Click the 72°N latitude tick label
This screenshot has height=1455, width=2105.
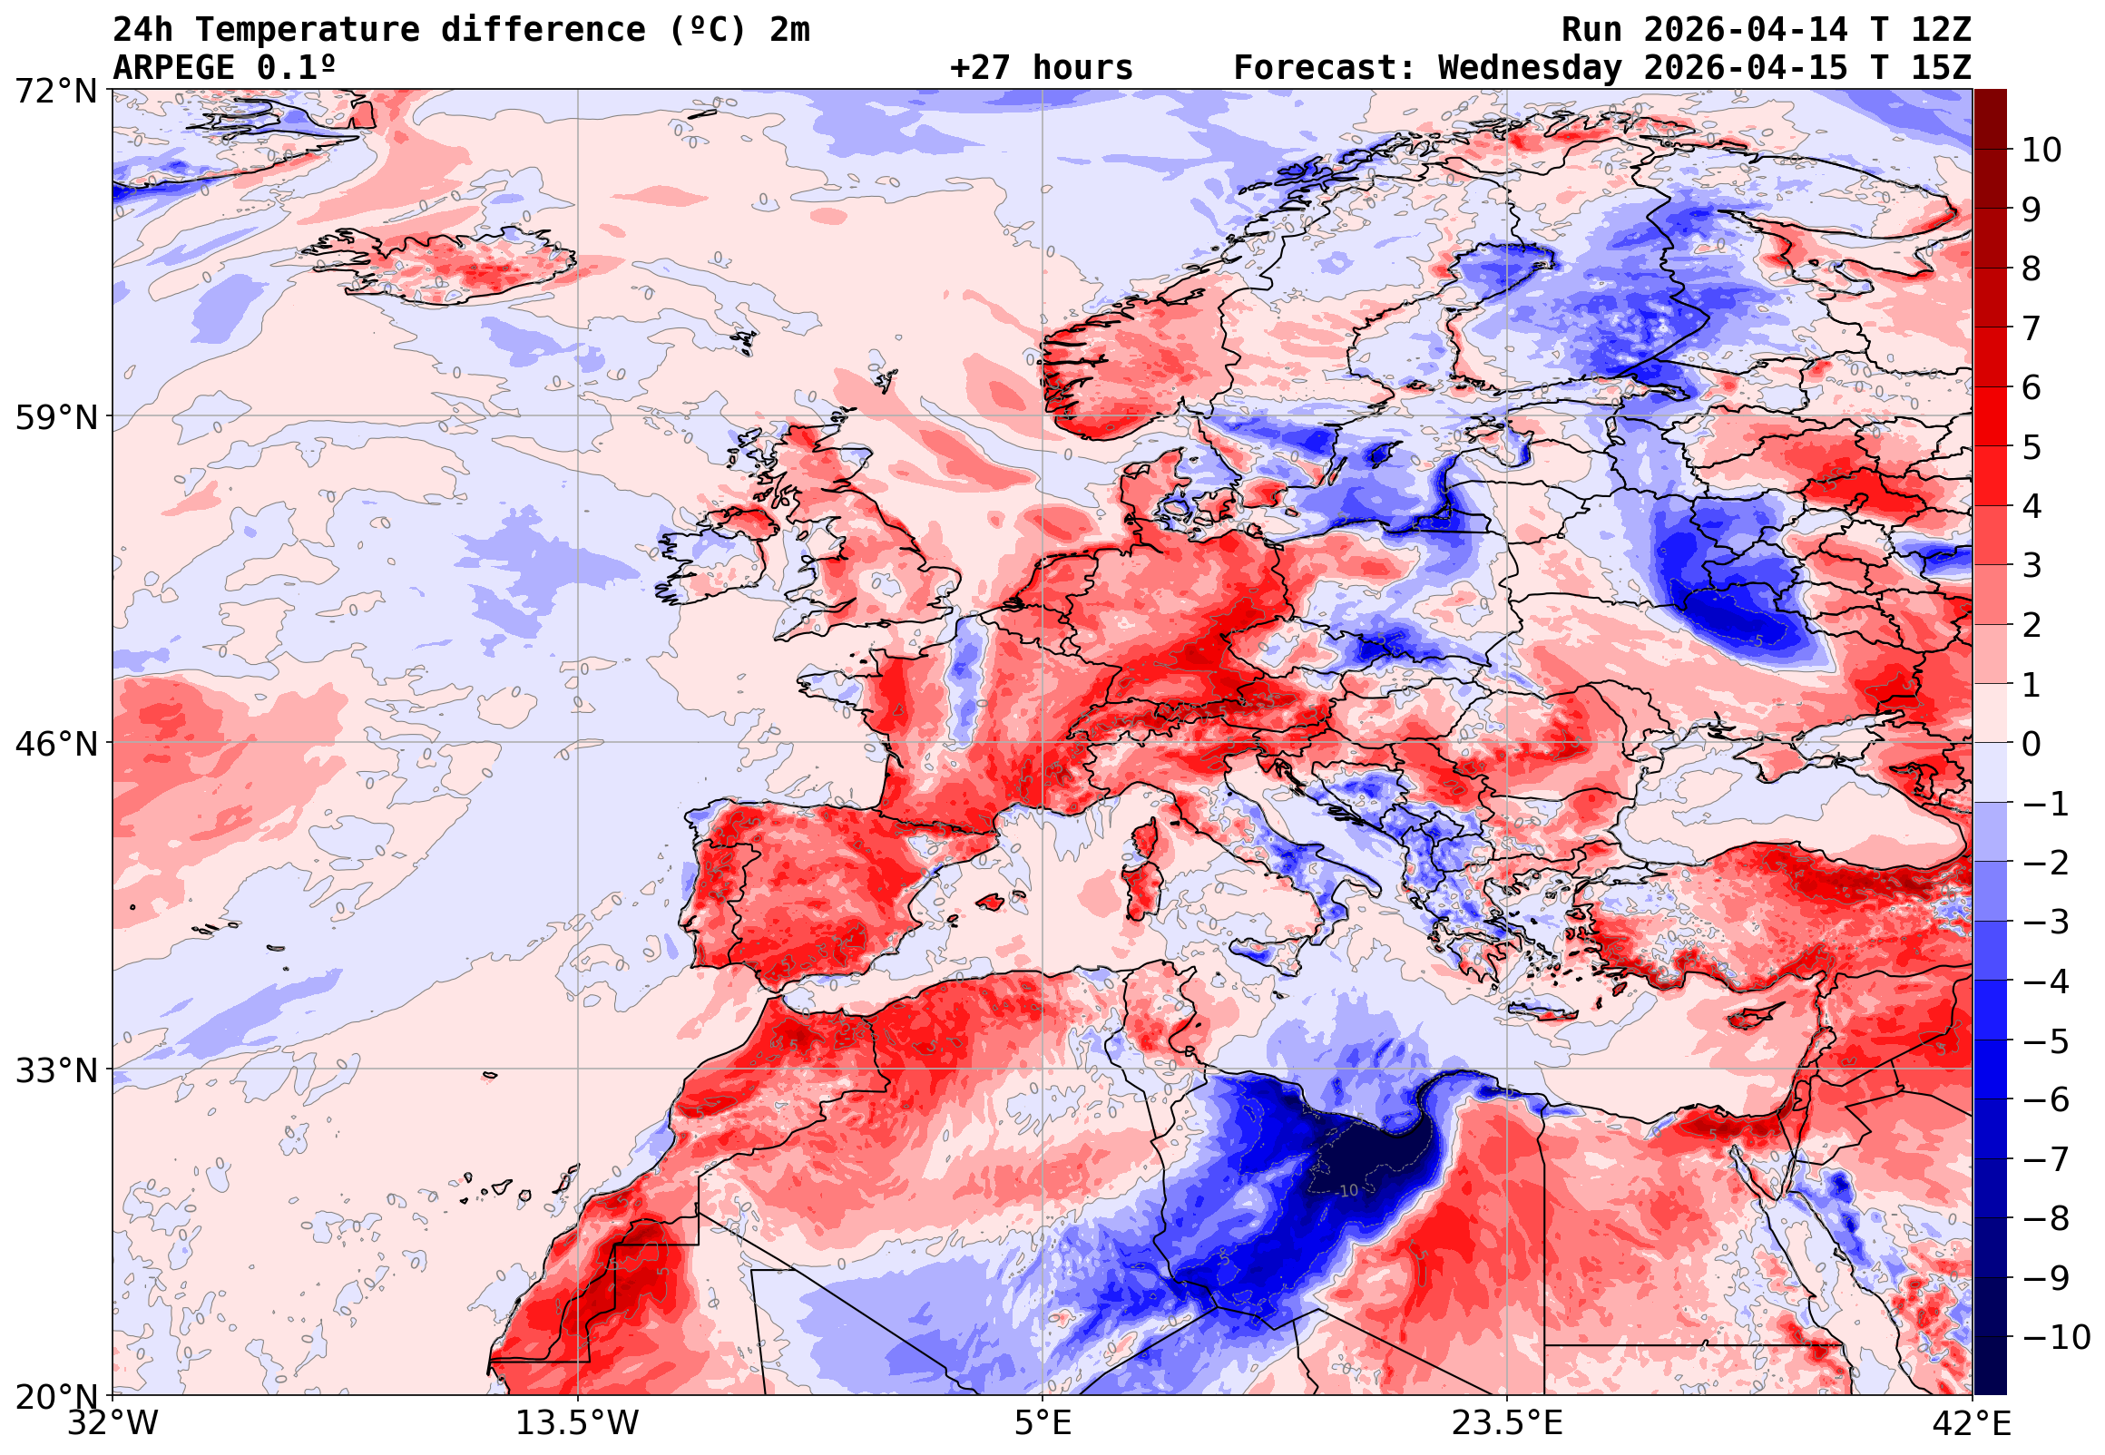click(x=55, y=92)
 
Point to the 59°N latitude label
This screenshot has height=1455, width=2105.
click(x=55, y=417)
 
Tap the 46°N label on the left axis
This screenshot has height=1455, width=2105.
click(x=55, y=744)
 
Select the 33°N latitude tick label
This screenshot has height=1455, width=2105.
click(x=55, y=1070)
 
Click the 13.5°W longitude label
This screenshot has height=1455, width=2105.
click(x=577, y=1423)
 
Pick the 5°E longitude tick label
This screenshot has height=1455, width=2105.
click(x=1042, y=1423)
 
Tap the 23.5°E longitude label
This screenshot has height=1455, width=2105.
click(x=1506, y=1423)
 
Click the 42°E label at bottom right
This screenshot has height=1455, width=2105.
click(x=1971, y=1423)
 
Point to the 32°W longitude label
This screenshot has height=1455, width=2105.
click(x=113, y=1423)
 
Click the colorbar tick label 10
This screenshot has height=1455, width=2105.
click(x=2041, y=151)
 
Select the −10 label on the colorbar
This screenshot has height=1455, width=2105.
click(x=2056, y=1337)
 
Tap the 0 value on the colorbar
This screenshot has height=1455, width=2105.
click(x=2032, y=744)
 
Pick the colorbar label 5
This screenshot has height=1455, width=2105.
click(x=2032, y=447)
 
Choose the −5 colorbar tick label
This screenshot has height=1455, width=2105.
click(x=2046, y=1041)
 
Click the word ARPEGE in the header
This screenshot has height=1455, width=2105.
click(x=173, y=68)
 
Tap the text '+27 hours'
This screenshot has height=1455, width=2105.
click(x=1041, y=68)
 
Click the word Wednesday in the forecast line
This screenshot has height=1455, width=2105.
click(x=1530, y=68)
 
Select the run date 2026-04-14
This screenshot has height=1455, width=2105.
click(x=1746, y=30)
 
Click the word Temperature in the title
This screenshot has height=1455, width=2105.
click(x=308, y=30)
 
